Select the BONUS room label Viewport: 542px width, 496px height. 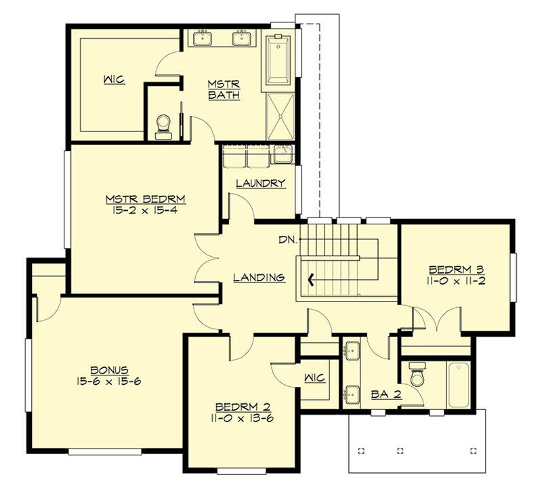tap(109, 371)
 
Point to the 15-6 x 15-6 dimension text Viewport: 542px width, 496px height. tap(109, 381)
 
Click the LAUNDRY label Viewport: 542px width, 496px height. tap(260, 184)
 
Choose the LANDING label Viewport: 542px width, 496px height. tap(258, 278)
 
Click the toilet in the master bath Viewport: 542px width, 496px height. tap(163, 126)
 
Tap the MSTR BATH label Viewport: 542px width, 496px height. tap(224, 89)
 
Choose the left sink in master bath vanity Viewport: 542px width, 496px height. tap(202, 39)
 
